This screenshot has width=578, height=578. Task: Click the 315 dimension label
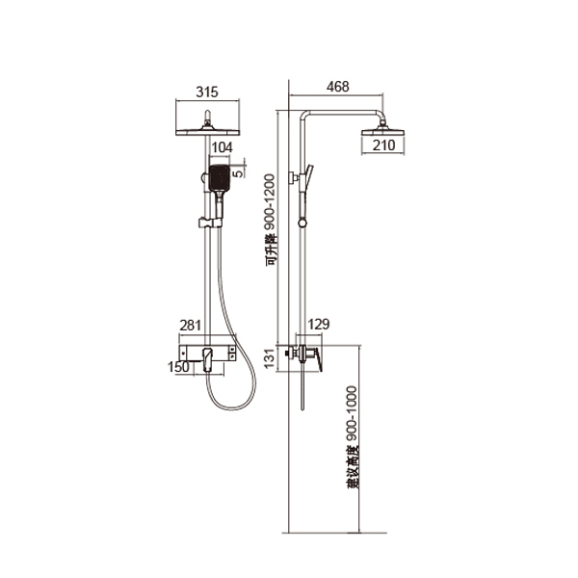coord(207,92)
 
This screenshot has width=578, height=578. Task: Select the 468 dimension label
coord(338,87)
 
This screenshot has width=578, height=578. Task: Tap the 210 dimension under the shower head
coord(383,145)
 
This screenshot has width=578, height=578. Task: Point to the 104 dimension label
coord(223,147)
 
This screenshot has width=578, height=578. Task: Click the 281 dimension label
coord(190,326)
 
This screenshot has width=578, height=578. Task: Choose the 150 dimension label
coord(178,367)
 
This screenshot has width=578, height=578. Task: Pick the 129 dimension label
coord(319,325)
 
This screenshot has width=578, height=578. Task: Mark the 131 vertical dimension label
coord(270,358)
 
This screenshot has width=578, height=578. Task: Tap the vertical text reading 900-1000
coord(352,414)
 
